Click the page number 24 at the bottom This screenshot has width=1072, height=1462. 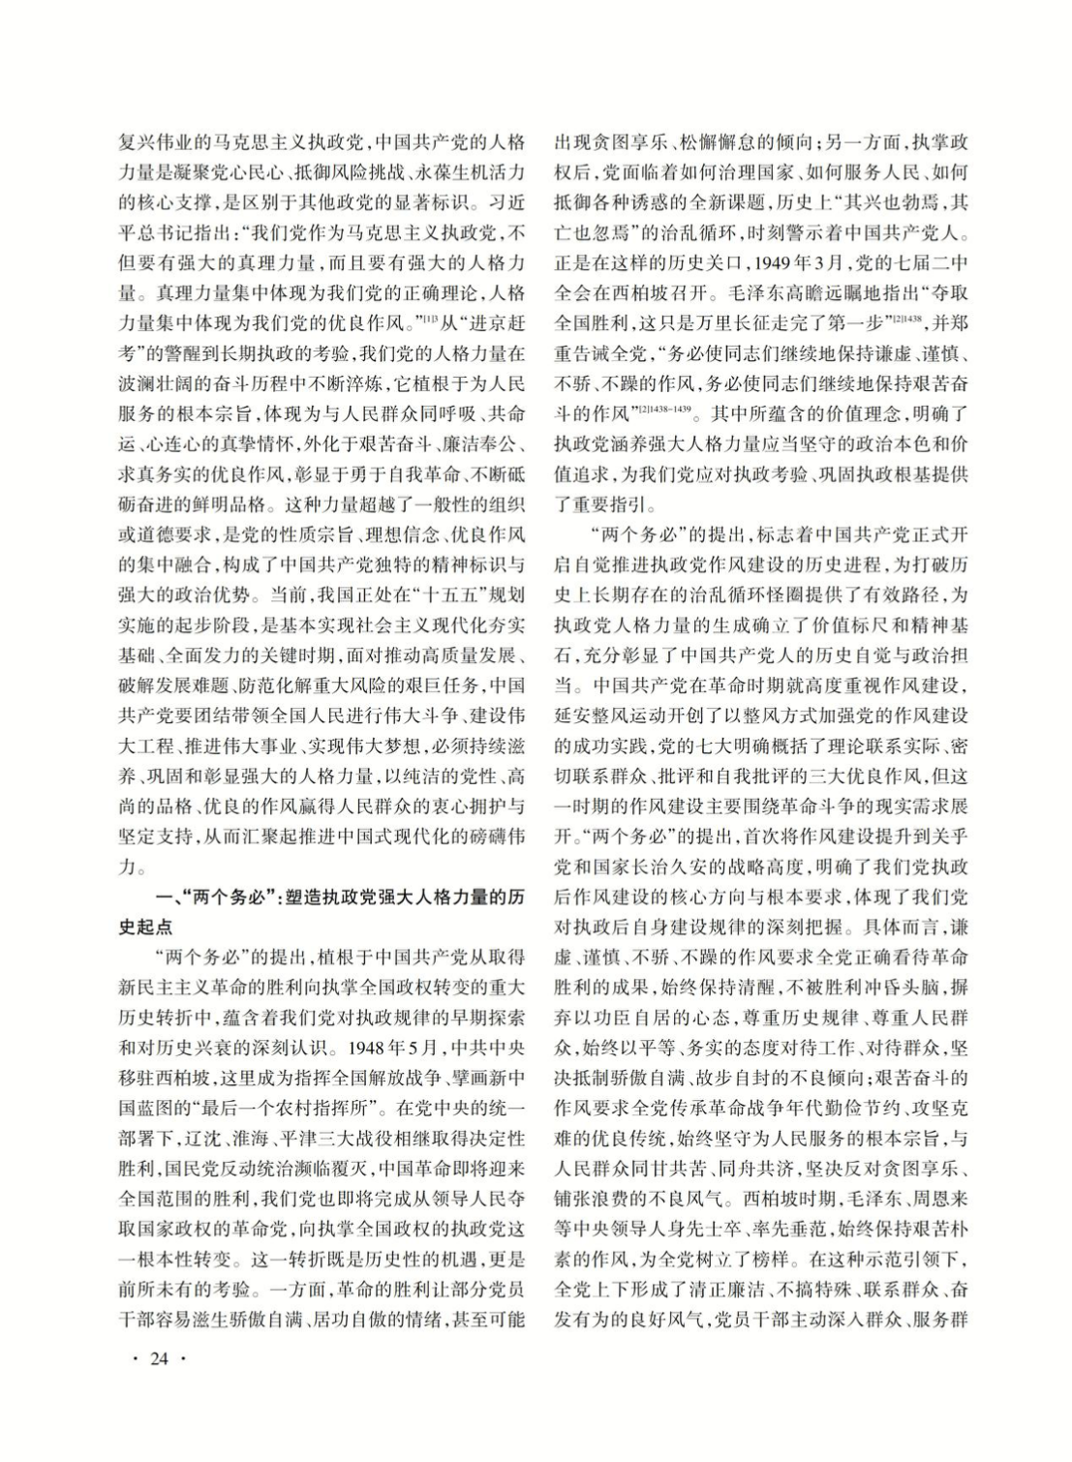point(158,1359)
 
